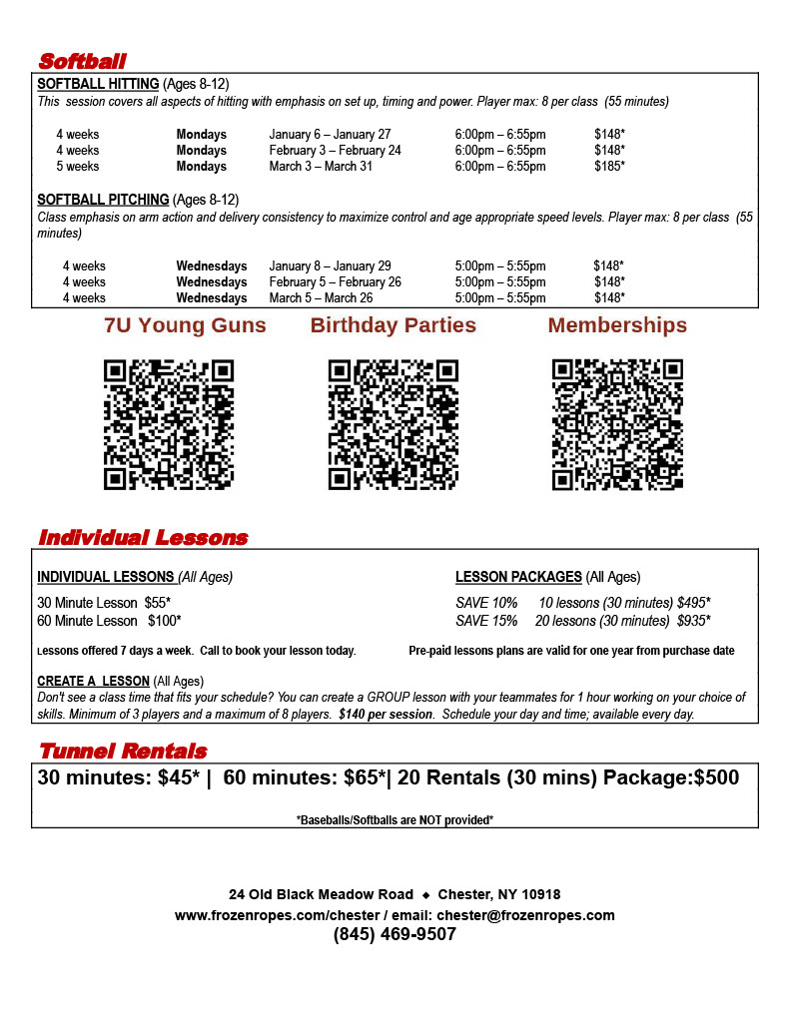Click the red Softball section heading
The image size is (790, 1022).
pyautogui.click(x=82, y=61)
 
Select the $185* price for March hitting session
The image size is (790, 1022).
pyautogui.click(x=608, y=167)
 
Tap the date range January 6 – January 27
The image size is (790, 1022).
pyautogui.click(x=330, y=135)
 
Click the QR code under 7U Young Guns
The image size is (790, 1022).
pyautogui.click(x=169, y=425)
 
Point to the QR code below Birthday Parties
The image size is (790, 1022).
pyautogui.click(x=394, y=425)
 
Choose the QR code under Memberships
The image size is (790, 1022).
pyautogui.click(x=617, y=425)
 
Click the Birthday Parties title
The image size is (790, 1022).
pyautogui.click(x=394, y=325)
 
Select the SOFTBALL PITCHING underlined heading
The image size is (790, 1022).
pyautogui.click(x=103, y=200)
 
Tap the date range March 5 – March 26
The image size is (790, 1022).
pyautogui.click(x=321, y=298)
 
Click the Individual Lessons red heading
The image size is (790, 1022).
pyautogui.click(x=143, y=538)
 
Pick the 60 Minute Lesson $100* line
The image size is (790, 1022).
pyautogui.click(x=109, y=621)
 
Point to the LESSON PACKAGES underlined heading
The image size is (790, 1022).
pyautogui.click(x=518, y=577)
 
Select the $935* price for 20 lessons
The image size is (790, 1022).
pyautogui.click(x=693, y=621)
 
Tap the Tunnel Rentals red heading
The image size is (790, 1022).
pyautogui.click(x=122, y=752)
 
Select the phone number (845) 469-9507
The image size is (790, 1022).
pyautogui.click(x=395, y=935)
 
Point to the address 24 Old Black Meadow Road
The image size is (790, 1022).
pyautogui.click(x=321, y=894)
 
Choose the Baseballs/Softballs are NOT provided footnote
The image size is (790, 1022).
pyautogui.click(x=395, y=820)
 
